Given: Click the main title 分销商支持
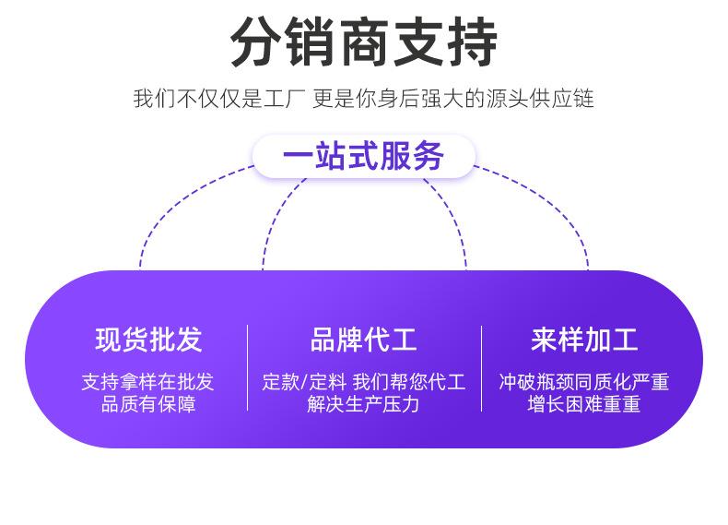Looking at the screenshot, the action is [x=363, y=42].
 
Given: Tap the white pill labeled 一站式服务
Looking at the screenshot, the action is [x=363, y=156].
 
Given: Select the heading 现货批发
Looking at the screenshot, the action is [x=147, y=340].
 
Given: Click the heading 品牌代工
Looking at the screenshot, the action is [x=363, y=340].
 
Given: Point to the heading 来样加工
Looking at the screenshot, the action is [x=584, y=340].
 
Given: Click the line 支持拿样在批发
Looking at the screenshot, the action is [x=147, y=382].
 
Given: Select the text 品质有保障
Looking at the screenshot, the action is [x=147, y=404].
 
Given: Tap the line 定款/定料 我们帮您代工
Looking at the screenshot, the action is [x=363, y=382].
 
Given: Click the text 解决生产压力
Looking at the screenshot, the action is [x=363, y=404].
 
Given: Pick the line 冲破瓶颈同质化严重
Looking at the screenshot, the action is [x=584, y=382].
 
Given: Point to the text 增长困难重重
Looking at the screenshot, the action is [x=584, y=404].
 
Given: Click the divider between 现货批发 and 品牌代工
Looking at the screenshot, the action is [x=247, y=367].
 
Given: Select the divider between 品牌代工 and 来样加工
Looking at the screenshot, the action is [x=481, y=367].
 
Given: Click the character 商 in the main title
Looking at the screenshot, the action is [x=363, y=42].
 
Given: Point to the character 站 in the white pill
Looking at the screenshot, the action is [x=323, y=156].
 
